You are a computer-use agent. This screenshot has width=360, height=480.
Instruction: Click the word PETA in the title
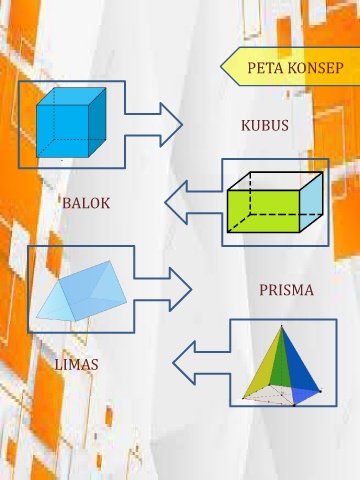(x=265, y=68)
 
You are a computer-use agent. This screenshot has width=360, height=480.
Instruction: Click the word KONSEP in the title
(x=315, y=68)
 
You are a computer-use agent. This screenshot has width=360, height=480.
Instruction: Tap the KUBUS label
(x=265, y=126)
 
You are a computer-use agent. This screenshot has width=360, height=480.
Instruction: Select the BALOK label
(x=86, y=203)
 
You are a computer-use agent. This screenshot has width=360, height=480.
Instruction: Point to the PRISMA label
(x=286, y=290)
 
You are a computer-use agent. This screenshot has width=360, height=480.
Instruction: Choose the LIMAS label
(x=76, y=365)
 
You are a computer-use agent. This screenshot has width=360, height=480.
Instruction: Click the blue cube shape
(x=71, y=122)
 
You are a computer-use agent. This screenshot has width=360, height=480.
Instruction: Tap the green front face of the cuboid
(x=263, y=211)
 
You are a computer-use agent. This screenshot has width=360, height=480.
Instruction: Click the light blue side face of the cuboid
(x=311, y=202)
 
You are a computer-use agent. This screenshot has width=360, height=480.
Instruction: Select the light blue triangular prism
(x=82, y=291)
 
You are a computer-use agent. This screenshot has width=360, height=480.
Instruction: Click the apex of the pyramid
(x=282, y=326)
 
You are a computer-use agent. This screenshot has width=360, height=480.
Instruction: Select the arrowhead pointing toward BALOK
(x=176, y=202)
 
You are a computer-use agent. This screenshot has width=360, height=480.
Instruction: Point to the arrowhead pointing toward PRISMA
(x=181, y=290)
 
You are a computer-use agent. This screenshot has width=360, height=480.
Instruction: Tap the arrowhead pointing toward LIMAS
(x=184, y=363)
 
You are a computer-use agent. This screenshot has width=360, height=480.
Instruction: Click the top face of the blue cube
(x=71, y=97)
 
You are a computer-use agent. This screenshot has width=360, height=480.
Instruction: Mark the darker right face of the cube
(x=97, y=122)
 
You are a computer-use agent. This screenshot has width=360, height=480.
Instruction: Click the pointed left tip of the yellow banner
(x=221, y=66)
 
